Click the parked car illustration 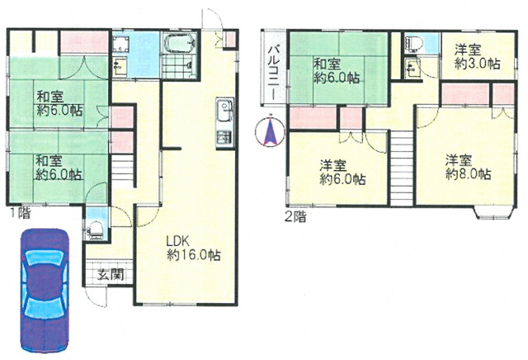pyautogui.click(x=45, y=291)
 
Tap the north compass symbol pyautogui.click(x=270, y=132)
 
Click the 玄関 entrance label pyautogui.click(x=111, y=275)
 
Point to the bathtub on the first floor pyautogui.click(x=180, y=43)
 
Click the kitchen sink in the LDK pyautogui.click(x=225, y=111)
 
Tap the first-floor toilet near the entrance pyautogui.click(x=96, y=230)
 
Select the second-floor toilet pyautogui.click(x=413, y=44)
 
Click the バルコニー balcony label pyautogui.click(x=272, y=73)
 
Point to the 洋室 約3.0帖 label pyautogui.click(x=477, y=57)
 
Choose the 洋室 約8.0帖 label pyautogui.click(x=468, y=167)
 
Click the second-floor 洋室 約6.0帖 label pyautogui.click(x=342, y=173)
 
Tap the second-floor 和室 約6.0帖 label pyautogui.click(x=337, y=71)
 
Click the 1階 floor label pyautogui.click(x=20, y=213)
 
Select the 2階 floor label pyautogui.click(x=295, y=216)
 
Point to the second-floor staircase pyautogui.click(x=402, y=168)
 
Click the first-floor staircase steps pyautogui.click(x=123, y=170)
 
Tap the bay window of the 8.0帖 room pyautogui.click(x=494, y=212)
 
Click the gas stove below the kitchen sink pyautogui.click(x=225, y=138)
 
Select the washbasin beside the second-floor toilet pyautogui.click(x=412, y=68)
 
